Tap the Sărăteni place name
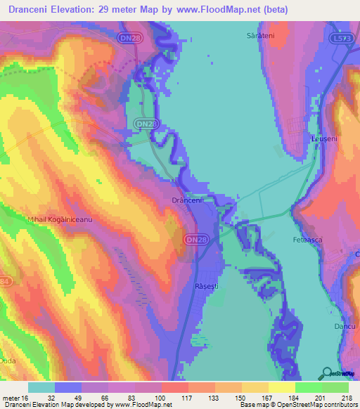point(259,34)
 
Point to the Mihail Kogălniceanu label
point(60,220)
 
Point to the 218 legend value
point(348,398)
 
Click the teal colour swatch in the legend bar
point(41,387)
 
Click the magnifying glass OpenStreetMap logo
point(326,372)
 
